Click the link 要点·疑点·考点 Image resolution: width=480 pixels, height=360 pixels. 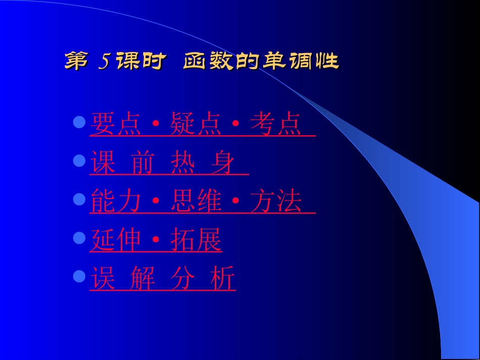[202, 124]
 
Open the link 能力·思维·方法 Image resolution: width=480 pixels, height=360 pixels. [202, 202]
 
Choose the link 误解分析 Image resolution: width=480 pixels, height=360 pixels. [162, 279]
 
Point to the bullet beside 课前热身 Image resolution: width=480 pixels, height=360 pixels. [79, 161]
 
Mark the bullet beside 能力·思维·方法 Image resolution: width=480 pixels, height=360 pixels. [79, 199]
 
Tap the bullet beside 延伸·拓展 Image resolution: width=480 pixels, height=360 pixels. [79, 238]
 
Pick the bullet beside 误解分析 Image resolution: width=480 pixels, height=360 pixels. [79, 276]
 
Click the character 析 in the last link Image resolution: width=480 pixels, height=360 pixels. [222, 279]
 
